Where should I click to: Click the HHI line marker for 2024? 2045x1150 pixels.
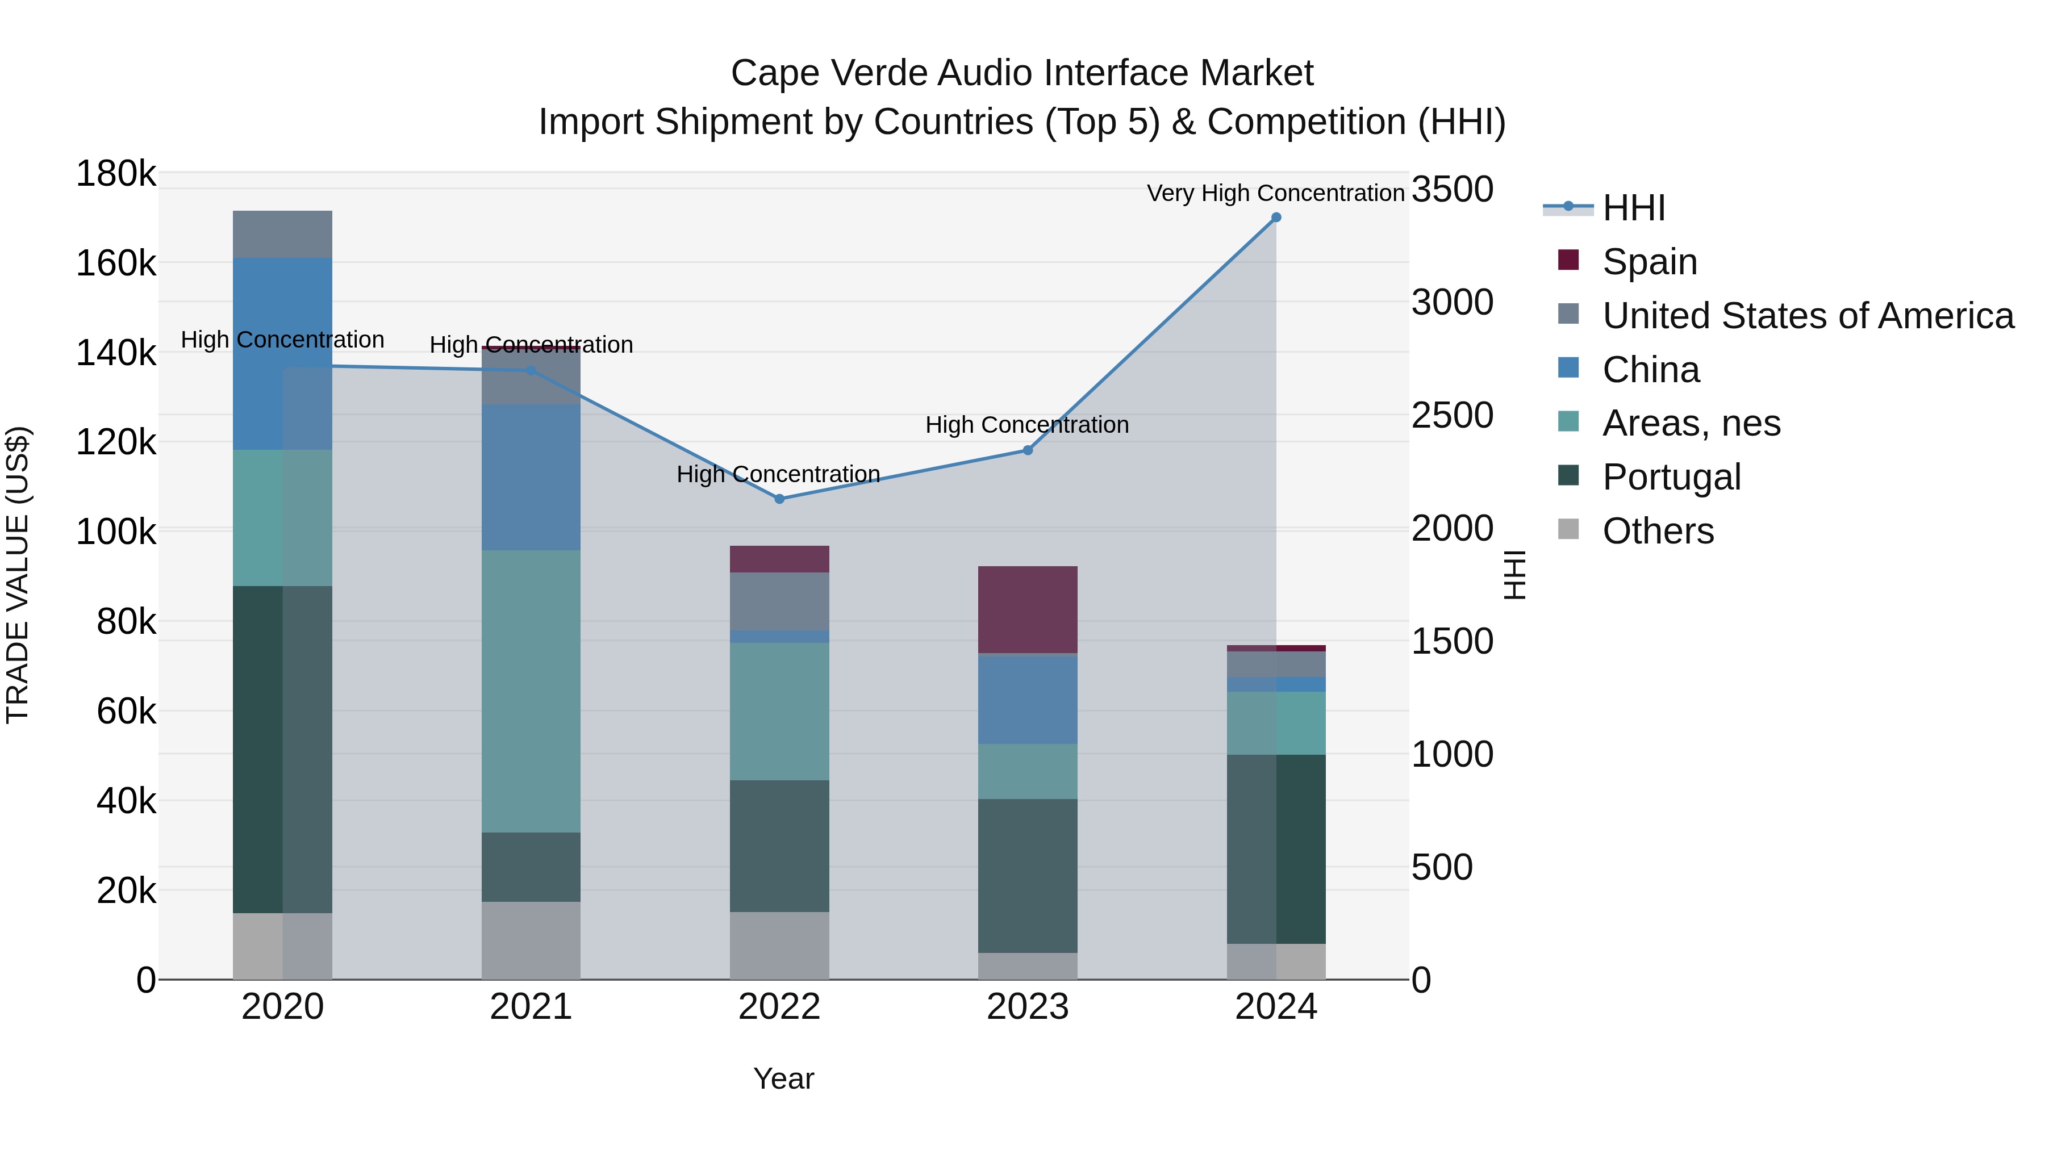point(1276,218)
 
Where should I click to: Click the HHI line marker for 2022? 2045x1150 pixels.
point(779,499)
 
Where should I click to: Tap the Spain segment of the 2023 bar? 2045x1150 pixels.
point(1027,609)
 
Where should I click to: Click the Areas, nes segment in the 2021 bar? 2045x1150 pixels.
point(531,691)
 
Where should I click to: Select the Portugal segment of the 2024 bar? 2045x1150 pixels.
point(1276,848)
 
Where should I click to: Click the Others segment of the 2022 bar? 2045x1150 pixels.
point(779,945)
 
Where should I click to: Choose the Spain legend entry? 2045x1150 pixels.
point(1649,261)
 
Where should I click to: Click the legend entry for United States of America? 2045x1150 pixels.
point(1807,315)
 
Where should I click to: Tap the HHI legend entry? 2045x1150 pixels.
point(1633,208)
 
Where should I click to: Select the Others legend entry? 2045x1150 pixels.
point(1657,530)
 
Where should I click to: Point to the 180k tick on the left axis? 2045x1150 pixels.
point(116,173)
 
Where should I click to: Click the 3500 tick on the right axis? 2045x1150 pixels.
point(1452,190)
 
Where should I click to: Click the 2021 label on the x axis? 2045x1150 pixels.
point(531,1007)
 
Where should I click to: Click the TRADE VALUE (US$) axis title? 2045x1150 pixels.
point(18,575)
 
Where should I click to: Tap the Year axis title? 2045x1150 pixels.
point(783,1078)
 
